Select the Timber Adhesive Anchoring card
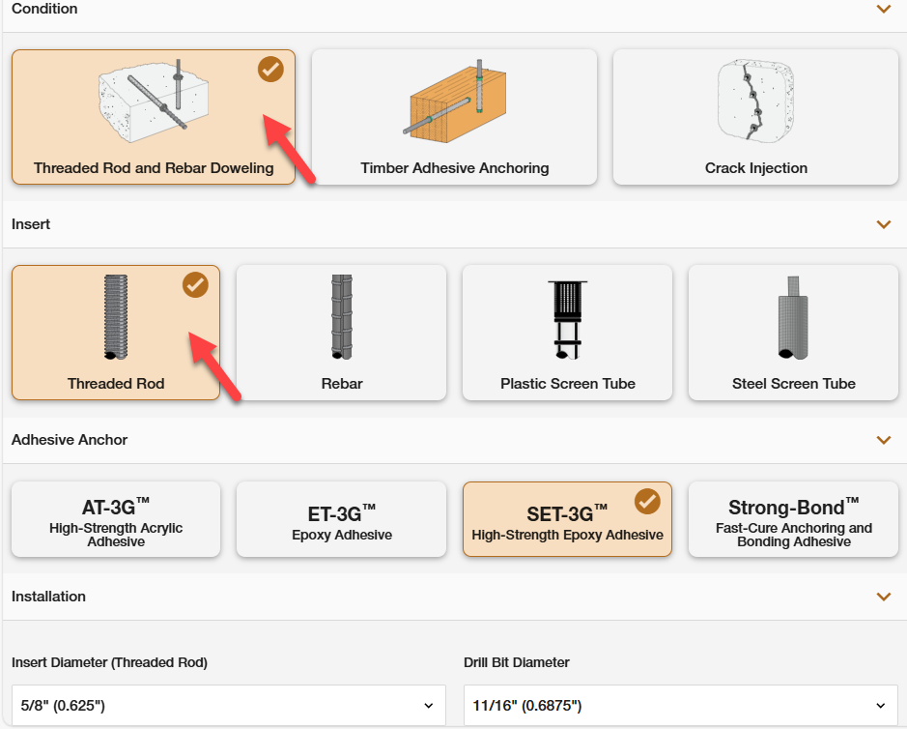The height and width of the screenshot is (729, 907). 454,117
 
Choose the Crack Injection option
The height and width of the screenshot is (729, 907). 755,117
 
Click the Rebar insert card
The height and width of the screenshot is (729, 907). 341,333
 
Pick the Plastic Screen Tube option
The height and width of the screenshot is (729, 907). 567,333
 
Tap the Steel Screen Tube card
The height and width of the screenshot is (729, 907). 793,333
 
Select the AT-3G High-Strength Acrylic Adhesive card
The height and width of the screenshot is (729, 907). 116,519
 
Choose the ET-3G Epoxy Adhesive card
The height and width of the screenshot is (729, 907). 341,519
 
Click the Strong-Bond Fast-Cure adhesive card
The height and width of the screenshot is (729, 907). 793,519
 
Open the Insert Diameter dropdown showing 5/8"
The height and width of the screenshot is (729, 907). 229,705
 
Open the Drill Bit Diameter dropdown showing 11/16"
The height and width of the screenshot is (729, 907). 681,705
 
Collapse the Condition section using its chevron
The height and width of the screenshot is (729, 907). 883,9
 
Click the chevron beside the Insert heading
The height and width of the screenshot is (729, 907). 883,224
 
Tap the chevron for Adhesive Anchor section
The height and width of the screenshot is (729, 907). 883,440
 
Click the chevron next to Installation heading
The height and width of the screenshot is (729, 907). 883,597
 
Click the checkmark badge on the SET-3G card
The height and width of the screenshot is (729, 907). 647,502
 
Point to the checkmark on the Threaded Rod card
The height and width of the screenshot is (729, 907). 195,285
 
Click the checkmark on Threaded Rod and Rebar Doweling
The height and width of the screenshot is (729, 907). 270,70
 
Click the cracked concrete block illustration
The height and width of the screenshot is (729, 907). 755,101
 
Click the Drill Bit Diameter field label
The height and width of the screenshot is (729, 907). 517,662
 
